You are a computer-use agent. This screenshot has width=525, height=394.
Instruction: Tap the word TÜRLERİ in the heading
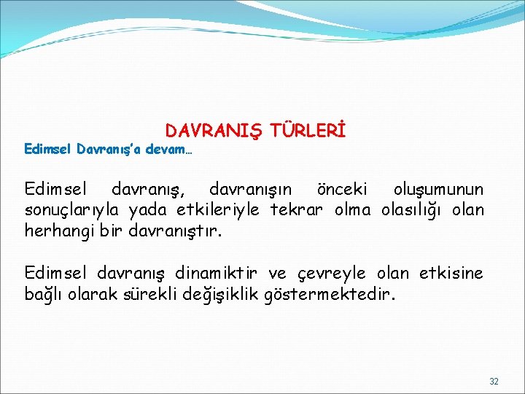[307, 131]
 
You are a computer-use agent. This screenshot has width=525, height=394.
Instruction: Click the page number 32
[494, 382]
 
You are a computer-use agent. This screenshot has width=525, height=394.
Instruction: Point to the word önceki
[343, 190]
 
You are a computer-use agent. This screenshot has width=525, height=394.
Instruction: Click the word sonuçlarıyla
[74, 211]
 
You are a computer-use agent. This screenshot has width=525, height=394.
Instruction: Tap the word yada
[151, 211]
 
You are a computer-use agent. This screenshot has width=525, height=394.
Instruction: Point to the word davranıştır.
[174, 231]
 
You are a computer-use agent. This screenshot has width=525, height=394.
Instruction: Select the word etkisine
[451, 273]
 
